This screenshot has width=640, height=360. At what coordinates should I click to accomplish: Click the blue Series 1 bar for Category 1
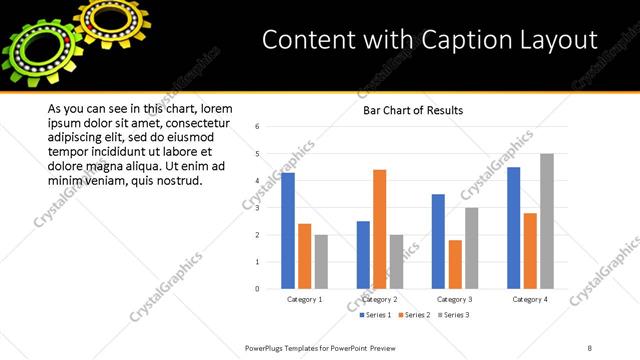288,231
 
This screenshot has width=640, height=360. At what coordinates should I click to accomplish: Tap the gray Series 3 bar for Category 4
546,221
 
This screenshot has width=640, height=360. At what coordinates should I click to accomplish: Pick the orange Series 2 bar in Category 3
455,264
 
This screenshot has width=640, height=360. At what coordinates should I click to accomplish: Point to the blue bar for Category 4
514,228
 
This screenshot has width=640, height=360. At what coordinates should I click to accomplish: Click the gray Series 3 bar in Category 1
320,262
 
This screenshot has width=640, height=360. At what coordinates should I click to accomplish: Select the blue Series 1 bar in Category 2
362,255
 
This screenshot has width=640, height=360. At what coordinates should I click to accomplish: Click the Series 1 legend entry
377,315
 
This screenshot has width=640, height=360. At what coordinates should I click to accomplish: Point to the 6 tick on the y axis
258,127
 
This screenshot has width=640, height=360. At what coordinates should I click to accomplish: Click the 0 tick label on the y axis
258,289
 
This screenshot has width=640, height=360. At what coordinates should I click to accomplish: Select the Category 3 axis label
455,299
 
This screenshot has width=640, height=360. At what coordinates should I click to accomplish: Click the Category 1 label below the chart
304,299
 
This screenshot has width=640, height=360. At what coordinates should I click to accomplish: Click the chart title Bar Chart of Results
413,110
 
